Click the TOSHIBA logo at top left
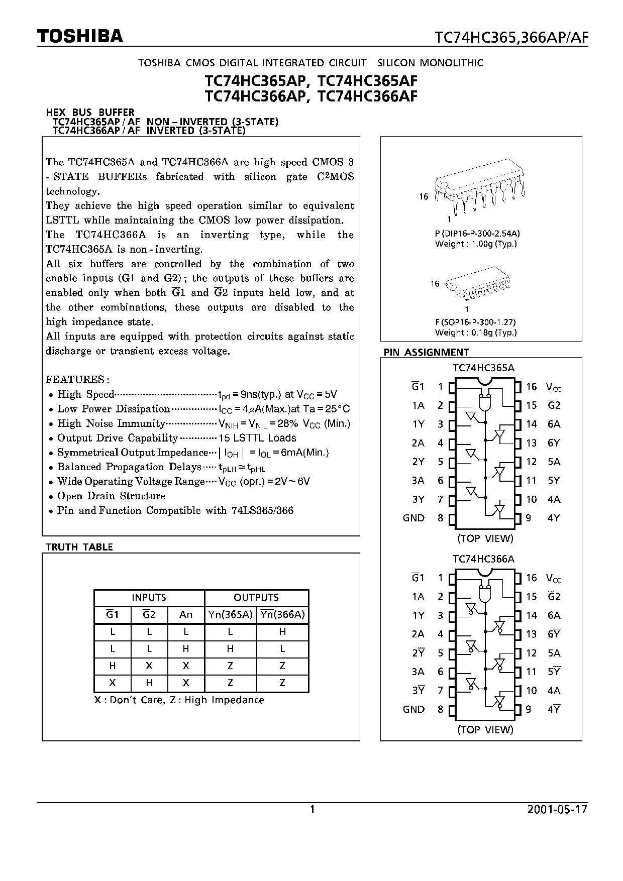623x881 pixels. pyautogui.click(x=80, y=36)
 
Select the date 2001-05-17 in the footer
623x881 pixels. pyautogui.click(x=557, y=810)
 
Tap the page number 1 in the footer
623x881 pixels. pyautogui.click(x=312, y=810)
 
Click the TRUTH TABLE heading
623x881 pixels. pyautogui.click(x=79, y=547)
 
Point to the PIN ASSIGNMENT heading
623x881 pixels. pyautogui.click(x=426, y=352)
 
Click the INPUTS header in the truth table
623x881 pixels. pyautogui.click(x=149, y=597)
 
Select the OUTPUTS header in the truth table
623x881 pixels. pyautogui.click(x=256, y=597)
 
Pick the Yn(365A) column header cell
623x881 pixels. pyautogui.click(x=230, y=614)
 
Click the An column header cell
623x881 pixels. pyautogui.click(x=186, y=614)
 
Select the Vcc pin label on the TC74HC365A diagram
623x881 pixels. pyautogui.click(x=554, y=387)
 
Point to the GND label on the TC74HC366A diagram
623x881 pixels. pyautogui.click(x=413, y=709)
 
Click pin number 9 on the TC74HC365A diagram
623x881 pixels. pyautogui.click(x=529, y=518)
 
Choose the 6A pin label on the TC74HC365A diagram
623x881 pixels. pyautogui.click(x=554, y=424)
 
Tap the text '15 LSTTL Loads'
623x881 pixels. pyautogui.click(x=257, y=438)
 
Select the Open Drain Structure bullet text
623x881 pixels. pyautogui.click(x=111, y=496)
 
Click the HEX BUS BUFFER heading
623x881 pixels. pyautogui.click(x=90, y=113)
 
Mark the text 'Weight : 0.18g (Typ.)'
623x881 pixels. pyautogui.click(x=476, y=332)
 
